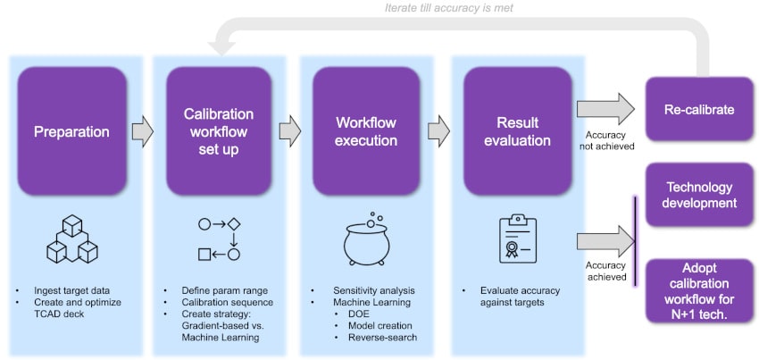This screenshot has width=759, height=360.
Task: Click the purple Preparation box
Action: pyautogui.click(x=71, y=132)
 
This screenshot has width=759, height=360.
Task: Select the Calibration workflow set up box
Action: pyautogui.click(x=219, y=132)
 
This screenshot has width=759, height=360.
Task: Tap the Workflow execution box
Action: pyautogui.click(x=365, y=132)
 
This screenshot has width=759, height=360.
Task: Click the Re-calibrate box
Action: pyautogui.click(x=698, y=109)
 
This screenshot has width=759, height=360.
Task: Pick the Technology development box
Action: pyautogui.click(x=698, y=195)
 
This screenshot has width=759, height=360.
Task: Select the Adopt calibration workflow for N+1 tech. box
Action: pyautogui.click(x=698, y=289)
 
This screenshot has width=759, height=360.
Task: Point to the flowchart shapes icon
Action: pyautogui.click(x=219, y=238)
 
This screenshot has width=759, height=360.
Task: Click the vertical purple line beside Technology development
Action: pyautogui.click(x=635, y=241)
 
